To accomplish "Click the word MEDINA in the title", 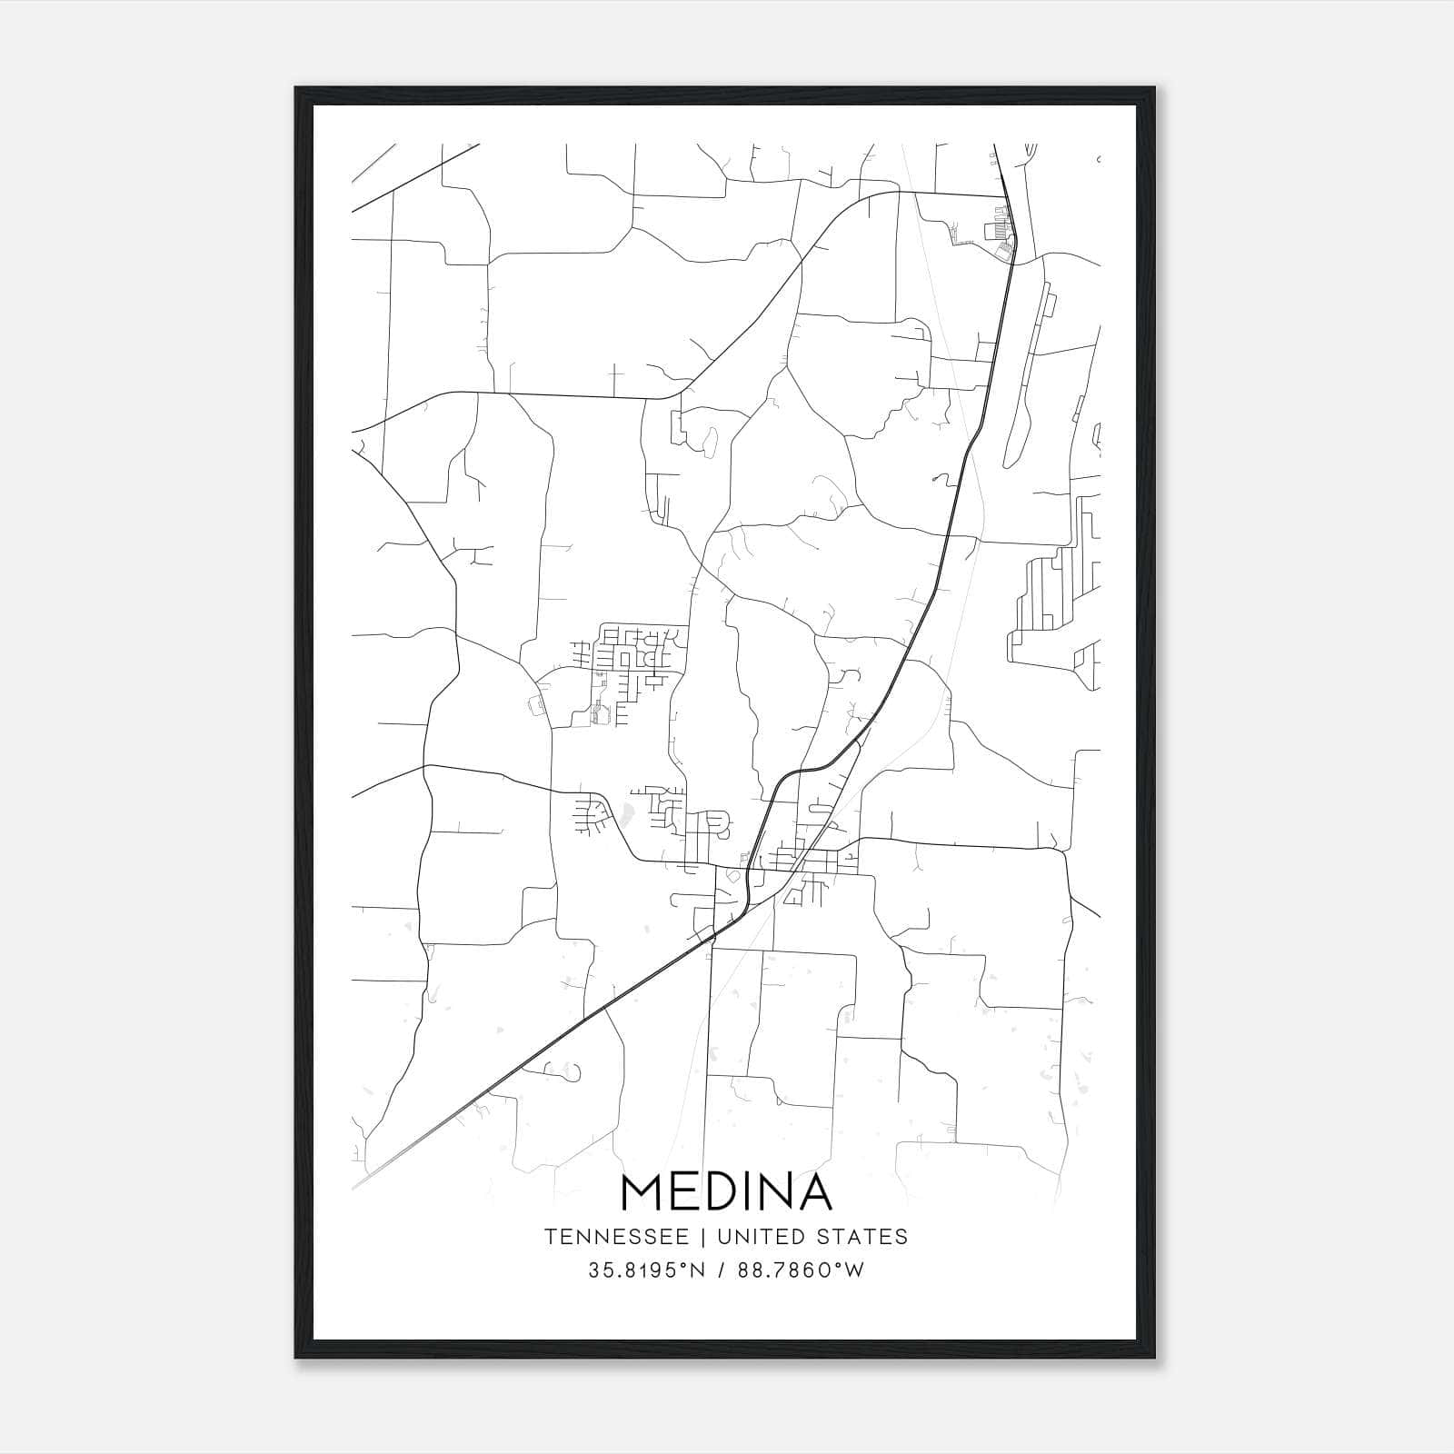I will [x=726, y=1192].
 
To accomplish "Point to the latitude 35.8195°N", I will [x=646, y=1270].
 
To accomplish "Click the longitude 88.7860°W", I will [x=800, y=1270].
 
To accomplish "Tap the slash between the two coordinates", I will [x=720, y=1270].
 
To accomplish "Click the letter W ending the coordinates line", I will [x=855, y=1270].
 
